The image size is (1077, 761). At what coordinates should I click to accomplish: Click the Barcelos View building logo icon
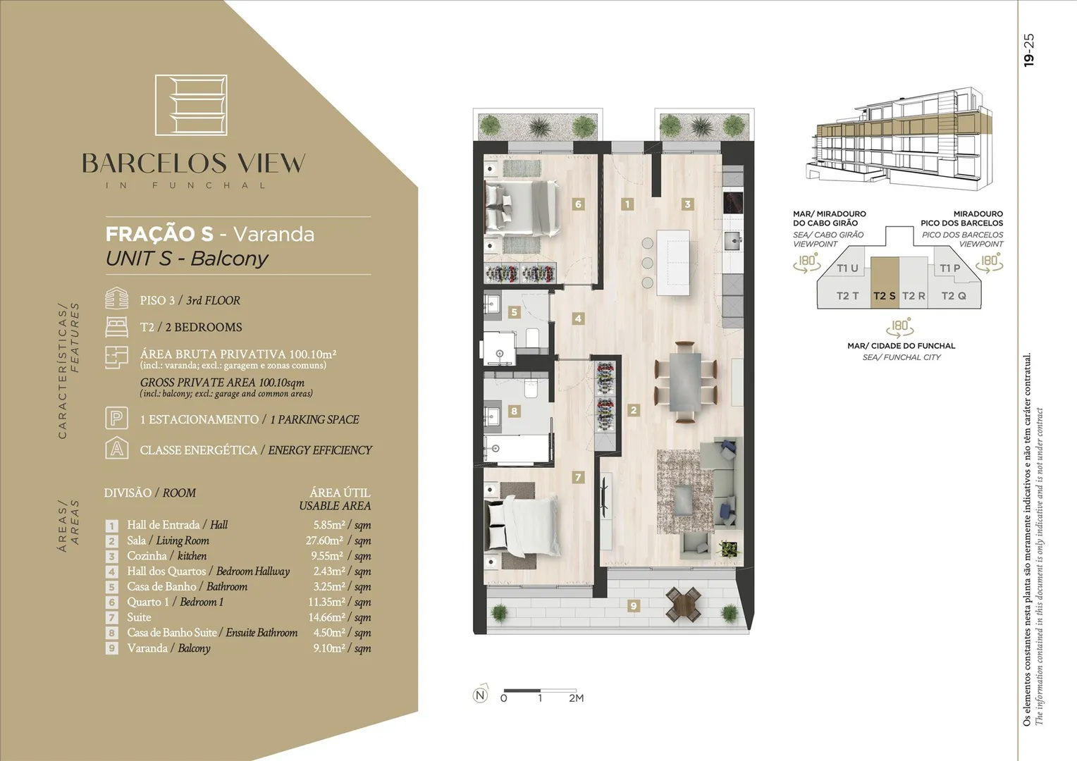pos(191,105)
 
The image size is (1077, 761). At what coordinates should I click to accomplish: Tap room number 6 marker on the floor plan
pos(578,204)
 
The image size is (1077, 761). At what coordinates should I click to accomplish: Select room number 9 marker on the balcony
pos(633,606)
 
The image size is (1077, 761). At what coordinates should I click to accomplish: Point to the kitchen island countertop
pos(673,263)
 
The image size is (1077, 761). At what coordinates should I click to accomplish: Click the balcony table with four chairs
pos(683,604)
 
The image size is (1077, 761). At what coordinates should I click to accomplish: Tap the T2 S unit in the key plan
pos(885,282)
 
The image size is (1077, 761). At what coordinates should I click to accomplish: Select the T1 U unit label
pos(847,268)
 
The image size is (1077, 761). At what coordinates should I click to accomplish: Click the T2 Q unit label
pos(954,296)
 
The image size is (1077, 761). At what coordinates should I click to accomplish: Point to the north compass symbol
pos(480,695)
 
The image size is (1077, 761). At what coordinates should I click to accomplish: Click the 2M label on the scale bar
pos(576,698)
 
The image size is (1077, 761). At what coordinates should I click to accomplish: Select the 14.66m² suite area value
pos(326,617)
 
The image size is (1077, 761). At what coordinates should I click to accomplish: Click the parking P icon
pos(116,418)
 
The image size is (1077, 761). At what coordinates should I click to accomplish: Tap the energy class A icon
pos(117,448)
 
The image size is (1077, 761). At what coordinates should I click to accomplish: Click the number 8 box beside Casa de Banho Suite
pos(111,633)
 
